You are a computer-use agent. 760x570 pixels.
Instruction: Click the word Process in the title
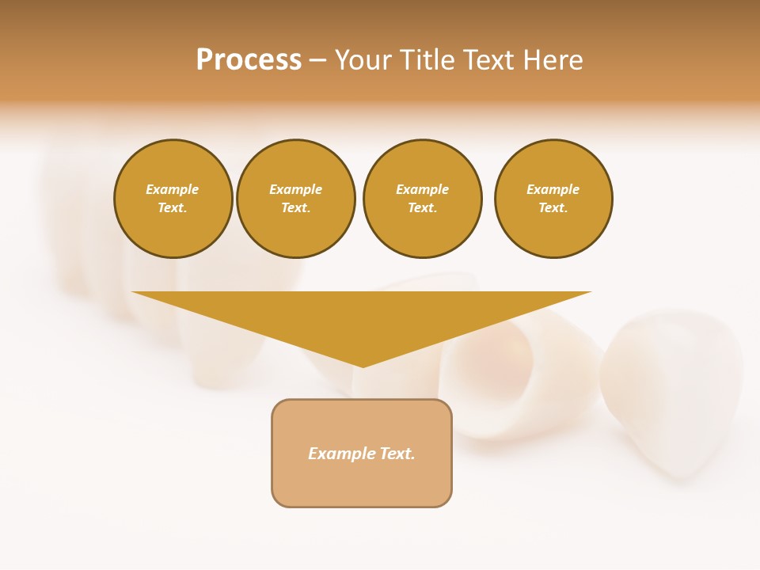coord(249,60)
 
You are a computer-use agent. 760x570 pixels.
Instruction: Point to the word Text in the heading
coord(488,60)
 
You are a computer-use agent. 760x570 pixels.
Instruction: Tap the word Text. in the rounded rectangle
coord(397,454)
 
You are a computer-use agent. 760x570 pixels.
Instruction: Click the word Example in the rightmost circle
coord(553,189)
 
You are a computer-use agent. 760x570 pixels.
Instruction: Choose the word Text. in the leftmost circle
coord(173,208)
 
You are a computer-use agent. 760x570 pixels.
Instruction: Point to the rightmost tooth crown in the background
coord(673,388)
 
